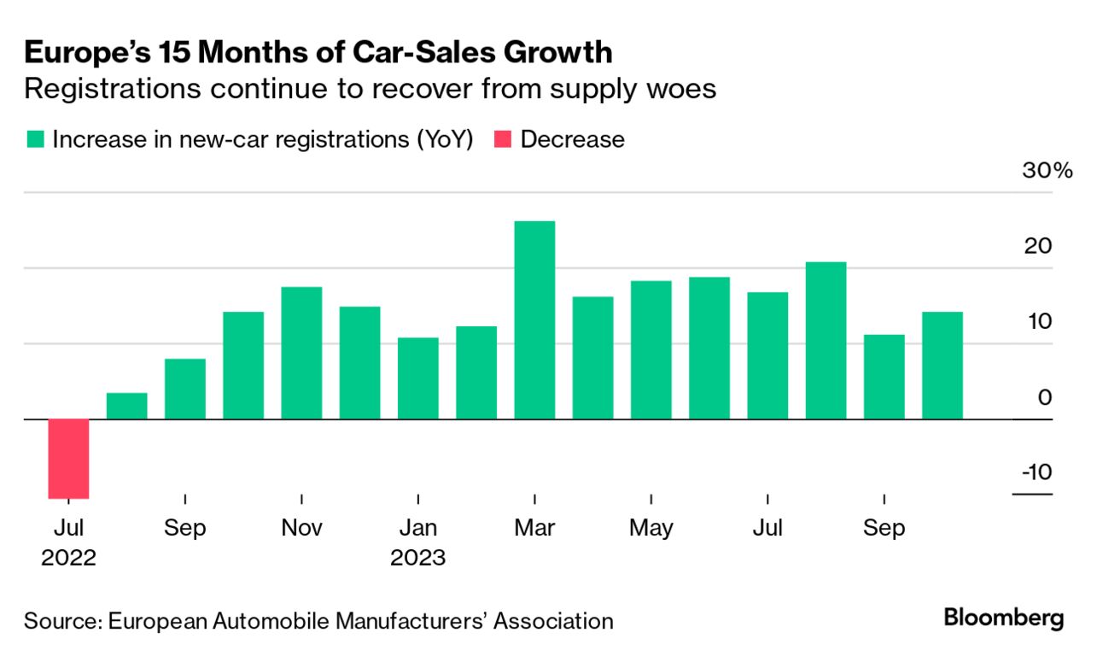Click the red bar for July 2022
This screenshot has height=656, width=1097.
point(68,459)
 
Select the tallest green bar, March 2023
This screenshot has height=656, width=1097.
point(534,320)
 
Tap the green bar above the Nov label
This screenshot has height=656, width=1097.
point(301,353)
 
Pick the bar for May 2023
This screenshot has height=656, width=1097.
point(651,350)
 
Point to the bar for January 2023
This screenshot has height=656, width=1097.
point(418,378)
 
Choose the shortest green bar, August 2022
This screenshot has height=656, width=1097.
point(126,407)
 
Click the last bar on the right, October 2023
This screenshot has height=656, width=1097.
point(942,366)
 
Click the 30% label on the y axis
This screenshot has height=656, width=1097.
point(1047,171)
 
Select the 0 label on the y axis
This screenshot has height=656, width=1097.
point(1045,398)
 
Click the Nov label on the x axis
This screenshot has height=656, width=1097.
point(301,528)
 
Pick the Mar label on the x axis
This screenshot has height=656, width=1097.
point(534,528)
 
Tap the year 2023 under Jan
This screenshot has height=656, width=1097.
point(418,558)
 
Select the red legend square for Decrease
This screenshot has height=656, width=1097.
point(502,139)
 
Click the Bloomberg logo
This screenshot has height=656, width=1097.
point(1004,618)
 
